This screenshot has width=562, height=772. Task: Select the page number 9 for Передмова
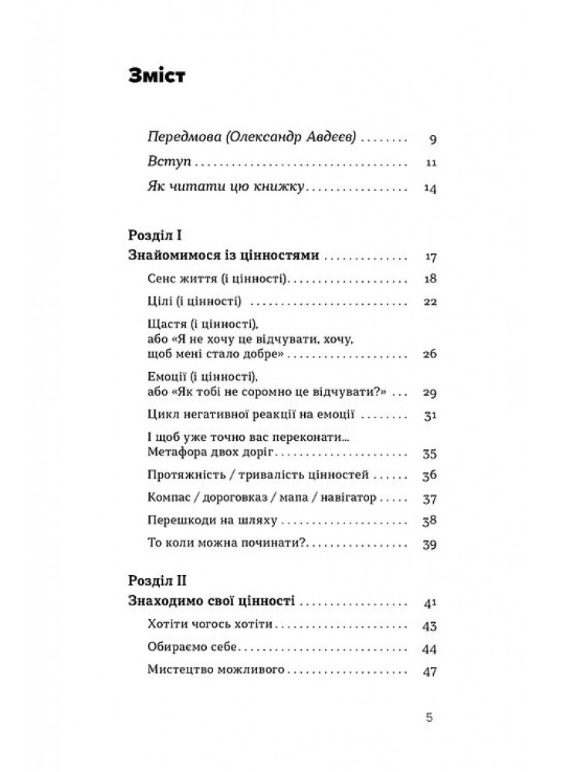[433, 141]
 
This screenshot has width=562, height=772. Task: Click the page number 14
[432, 188]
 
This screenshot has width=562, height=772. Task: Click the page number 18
[432, 279]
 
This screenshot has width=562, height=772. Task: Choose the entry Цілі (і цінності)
[195, 301]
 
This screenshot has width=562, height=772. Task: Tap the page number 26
[431, 354]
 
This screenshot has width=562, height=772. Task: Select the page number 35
[432, 452]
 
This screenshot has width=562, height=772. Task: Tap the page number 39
[432, 545]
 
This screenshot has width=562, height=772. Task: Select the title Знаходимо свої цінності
[212, 600]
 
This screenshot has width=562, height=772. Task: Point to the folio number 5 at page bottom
[430, 717]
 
